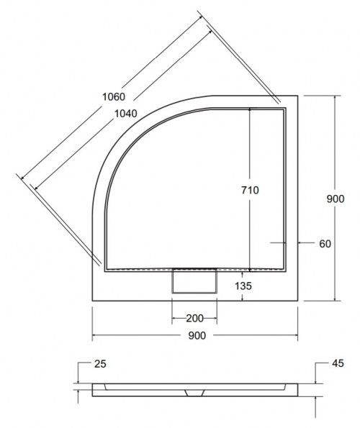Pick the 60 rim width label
[324, 244]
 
